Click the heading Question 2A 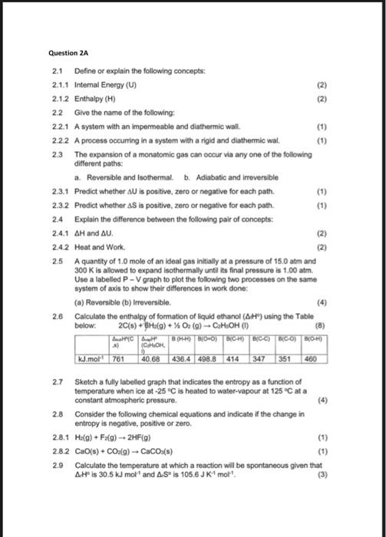point(68,53)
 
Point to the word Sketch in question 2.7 point(87,381)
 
